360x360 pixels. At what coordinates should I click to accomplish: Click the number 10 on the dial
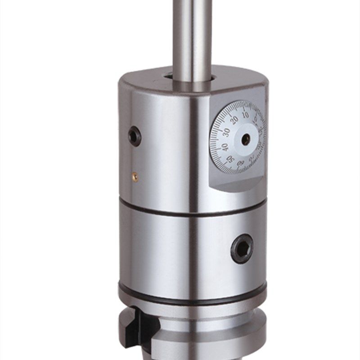[x=244, y=114]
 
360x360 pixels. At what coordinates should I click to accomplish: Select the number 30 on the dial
[x=226, y=132]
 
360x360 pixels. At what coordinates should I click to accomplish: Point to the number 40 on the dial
[x=225, y=147]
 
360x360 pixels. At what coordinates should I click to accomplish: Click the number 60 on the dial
[x=241, y=164]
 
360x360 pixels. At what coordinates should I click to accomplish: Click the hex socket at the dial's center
[x=246, y=139]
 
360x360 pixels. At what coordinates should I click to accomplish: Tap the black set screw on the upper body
[x=134, y=136]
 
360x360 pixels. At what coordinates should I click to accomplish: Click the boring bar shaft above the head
[x=192, y=36]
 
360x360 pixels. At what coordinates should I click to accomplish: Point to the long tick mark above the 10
[x=243, y=107]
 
